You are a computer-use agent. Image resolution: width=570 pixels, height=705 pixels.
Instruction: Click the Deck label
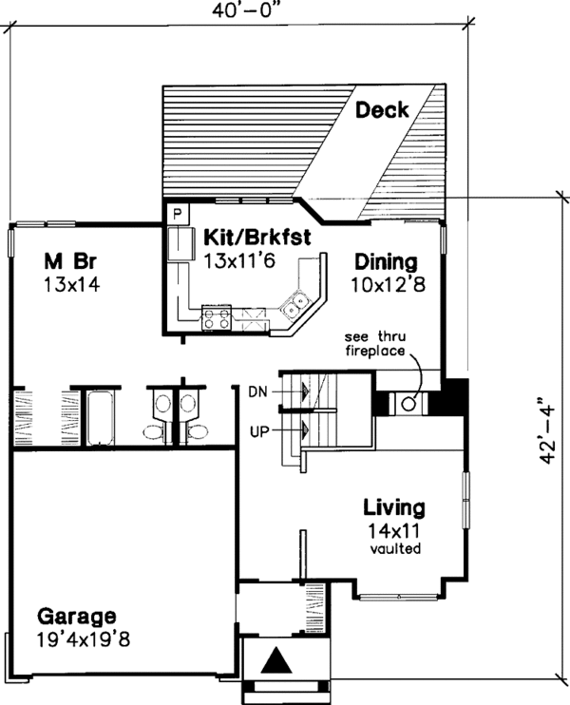point(382,110)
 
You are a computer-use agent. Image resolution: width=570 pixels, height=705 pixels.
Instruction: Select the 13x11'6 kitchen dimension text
point(238,260)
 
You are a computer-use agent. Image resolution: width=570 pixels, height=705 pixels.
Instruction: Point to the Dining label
point(386,260)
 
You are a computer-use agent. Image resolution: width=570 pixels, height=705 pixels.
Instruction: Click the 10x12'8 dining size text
point(386,282)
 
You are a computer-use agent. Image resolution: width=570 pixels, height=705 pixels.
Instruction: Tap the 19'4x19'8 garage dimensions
point(85,638)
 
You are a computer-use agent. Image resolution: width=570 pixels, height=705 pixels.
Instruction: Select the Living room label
point(394,506)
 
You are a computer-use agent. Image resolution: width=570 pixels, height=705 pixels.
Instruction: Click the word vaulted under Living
point(394,549)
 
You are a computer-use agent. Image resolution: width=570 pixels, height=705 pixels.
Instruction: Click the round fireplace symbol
point(408,403)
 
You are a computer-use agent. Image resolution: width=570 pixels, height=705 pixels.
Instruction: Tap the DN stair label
point(257,390)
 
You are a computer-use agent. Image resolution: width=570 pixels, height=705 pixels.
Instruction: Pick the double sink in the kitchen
point(294,306)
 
